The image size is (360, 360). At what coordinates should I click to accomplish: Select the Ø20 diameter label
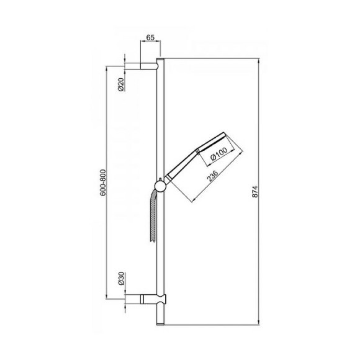[122, 84]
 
